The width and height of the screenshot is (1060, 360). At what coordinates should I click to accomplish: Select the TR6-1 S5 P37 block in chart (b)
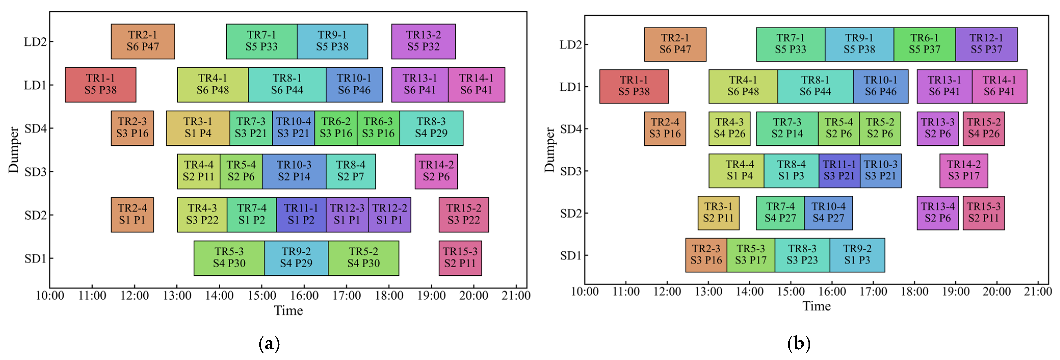click(924, 44)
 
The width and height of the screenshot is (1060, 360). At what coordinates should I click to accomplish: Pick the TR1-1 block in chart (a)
click(100, 84)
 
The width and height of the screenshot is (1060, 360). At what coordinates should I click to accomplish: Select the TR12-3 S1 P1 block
click(347, 214)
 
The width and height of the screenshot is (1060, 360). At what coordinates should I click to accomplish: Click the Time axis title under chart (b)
click(816, 306)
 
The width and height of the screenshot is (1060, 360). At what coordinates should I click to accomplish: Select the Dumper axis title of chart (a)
click(14, 150)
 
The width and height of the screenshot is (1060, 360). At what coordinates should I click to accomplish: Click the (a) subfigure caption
click(269, 343)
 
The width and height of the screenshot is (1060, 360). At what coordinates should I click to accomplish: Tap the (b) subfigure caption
click(798, 343)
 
